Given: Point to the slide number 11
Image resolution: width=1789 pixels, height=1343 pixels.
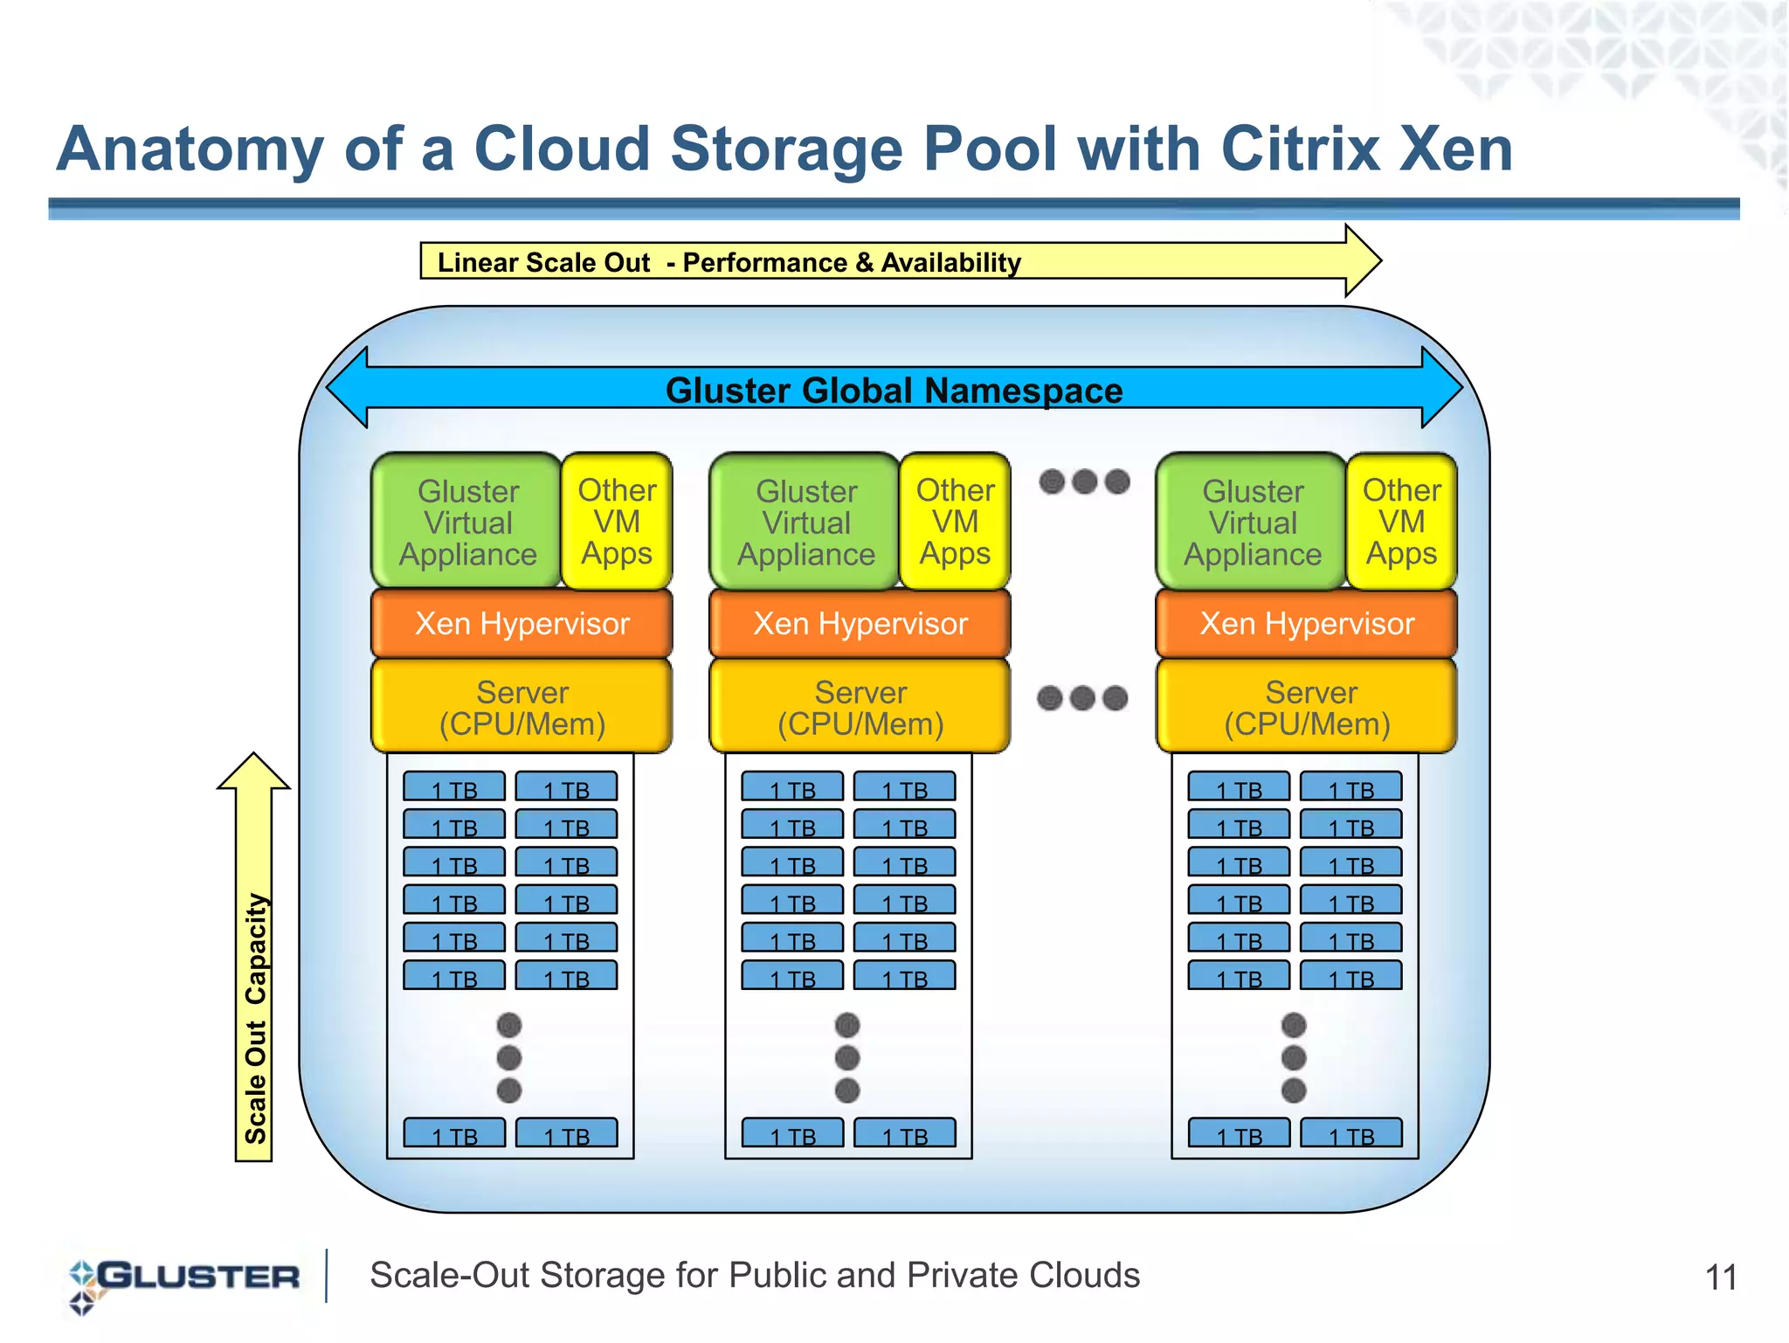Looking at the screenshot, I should tap(1720, 1277).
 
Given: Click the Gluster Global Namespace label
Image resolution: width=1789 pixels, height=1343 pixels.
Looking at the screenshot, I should tap(894, 390).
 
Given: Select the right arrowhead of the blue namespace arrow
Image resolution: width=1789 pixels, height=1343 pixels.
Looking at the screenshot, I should tap(1441, 387).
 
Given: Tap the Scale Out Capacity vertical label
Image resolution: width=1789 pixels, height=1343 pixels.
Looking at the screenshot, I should tap(254, 1018).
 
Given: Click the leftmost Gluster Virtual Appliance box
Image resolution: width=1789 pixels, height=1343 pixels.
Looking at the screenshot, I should tap(467, 522).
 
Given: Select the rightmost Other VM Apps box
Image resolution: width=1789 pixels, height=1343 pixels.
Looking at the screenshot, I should tap(1401, 522).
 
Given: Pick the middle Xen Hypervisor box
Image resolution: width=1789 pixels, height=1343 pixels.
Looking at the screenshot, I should tap(860, 624).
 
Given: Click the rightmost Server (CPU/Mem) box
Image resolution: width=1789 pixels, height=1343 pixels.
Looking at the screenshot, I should tap(1307, 707).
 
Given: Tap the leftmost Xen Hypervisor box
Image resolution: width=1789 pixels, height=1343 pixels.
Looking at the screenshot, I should tap(522, 624).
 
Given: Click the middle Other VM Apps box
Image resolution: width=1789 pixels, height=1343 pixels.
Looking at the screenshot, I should tap(954, 522).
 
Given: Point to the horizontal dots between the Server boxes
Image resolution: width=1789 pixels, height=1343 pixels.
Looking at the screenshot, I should tap(1082, 698).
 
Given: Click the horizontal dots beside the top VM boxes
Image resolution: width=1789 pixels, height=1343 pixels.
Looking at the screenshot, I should tap(1084, 481).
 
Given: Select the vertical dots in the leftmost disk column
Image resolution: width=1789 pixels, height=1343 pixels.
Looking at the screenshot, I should tap(509, 1058).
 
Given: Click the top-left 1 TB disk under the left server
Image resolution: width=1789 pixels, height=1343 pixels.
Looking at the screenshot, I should tap(454, 787).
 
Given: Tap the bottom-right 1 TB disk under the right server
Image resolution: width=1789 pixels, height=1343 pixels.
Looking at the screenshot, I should tap(1351, 1133).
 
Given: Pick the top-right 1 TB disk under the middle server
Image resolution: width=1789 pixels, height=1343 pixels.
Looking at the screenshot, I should tap(904, 787).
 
